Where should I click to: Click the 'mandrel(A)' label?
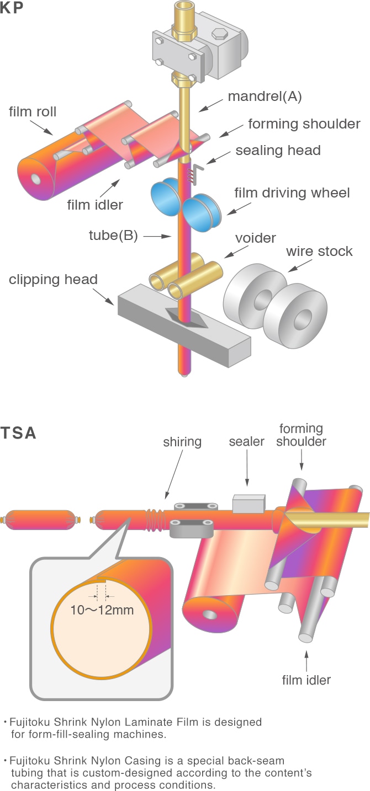[x=265, y=97]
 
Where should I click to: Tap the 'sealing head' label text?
[x=278, y=150]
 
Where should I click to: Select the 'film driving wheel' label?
[x=292, y=193]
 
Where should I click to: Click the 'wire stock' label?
[x=319, y=251]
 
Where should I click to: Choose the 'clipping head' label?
[x=53, y=279]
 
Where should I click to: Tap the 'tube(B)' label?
[x=113, y=236]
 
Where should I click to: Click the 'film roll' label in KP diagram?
[x=33, y=112]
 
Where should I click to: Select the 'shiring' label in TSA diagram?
[x=182, y=442]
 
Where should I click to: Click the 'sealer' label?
[x=247, y=442]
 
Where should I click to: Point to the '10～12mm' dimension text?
[x=102, y=610]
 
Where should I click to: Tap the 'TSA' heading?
[x=19, y=433]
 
